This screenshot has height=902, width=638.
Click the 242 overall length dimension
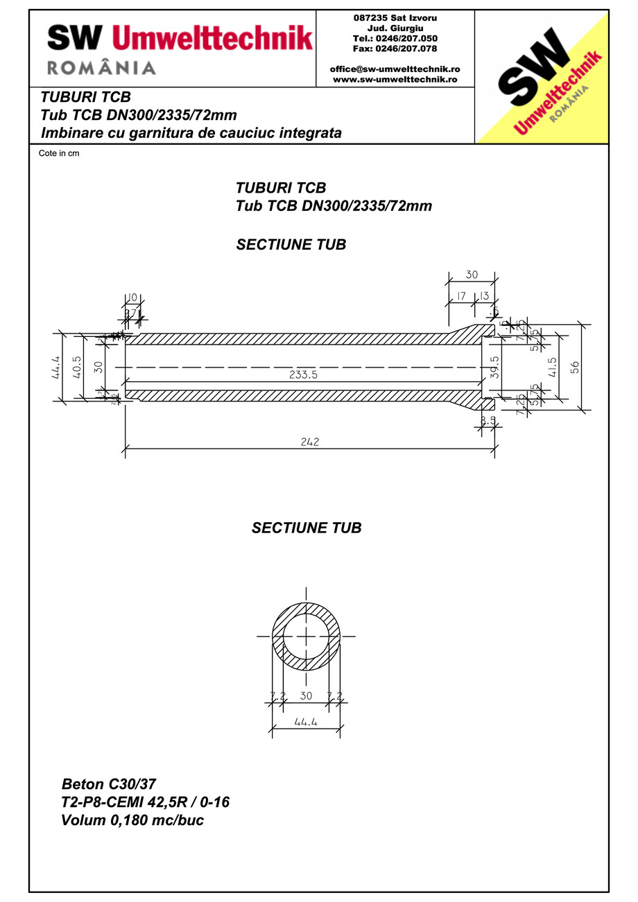click(310, 442)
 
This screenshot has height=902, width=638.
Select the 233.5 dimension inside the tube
click(304, 374)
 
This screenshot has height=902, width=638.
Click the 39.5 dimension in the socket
click(494, 367)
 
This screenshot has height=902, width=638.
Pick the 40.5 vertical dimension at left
click(77, 367)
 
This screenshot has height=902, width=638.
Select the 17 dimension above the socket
click(459, 296)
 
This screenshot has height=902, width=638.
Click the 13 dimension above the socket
click(484, 296)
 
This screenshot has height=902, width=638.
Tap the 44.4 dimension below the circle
click(306, 722)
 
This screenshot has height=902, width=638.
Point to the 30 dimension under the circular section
click(306, 695)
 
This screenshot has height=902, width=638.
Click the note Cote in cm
click(59, 153)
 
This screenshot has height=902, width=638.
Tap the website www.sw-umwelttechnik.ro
click(395, 79)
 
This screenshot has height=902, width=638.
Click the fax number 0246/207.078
click(395, 49)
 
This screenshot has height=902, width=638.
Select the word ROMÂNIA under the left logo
click(101, 67)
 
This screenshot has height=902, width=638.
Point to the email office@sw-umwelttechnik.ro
click(395, 69)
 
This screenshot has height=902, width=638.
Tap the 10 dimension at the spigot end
click(132, 297)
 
